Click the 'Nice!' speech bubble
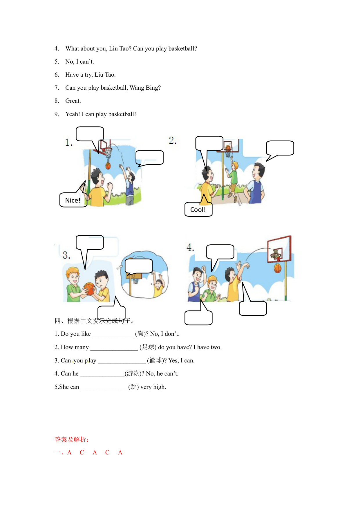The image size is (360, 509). (73, 200)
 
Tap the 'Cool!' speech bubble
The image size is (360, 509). (198, 209)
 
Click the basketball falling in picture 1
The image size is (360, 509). (108, 166)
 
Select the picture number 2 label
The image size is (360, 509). (173, 140)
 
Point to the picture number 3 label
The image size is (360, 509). (66, 255)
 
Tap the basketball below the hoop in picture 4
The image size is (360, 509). (278, 268)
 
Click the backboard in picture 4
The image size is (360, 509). (279, 249)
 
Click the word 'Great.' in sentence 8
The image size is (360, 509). (73, 101)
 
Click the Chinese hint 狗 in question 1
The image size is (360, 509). (141, 334)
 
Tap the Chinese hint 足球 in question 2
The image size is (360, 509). (148, 347)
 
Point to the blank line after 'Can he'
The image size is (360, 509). (102, 376)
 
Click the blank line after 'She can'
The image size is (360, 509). (104, 389)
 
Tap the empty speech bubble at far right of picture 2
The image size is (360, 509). (280, 151)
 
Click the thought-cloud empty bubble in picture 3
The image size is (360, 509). (139, 267)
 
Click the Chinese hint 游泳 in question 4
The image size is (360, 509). (133, 373)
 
